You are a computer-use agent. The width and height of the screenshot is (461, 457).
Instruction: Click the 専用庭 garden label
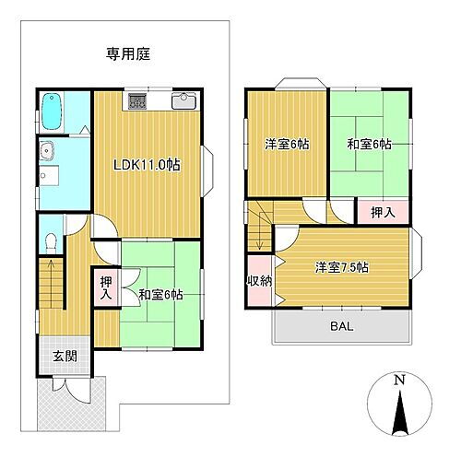coord(128,53)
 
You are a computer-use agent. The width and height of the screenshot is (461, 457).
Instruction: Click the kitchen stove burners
coord(136,101)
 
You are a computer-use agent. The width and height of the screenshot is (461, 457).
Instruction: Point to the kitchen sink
coord(181,101)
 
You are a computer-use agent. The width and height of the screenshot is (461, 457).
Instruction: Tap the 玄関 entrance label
coord(63,357)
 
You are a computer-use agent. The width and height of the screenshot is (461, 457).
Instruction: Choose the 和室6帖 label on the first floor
coord(160,295)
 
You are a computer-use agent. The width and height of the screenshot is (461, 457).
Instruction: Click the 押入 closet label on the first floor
coord(105,288)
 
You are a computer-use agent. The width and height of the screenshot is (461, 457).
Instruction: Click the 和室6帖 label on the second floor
coord(369,144)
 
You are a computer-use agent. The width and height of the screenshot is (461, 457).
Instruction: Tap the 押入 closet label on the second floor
coord(383,212)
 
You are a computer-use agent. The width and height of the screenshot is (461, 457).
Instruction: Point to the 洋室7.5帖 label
coord(341,267)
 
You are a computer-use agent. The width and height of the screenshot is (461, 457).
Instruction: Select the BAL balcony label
coord(341,326)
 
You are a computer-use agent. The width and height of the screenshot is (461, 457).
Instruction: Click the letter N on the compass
coord(398,380)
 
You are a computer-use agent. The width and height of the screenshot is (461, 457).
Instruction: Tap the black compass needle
coord(398,413)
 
